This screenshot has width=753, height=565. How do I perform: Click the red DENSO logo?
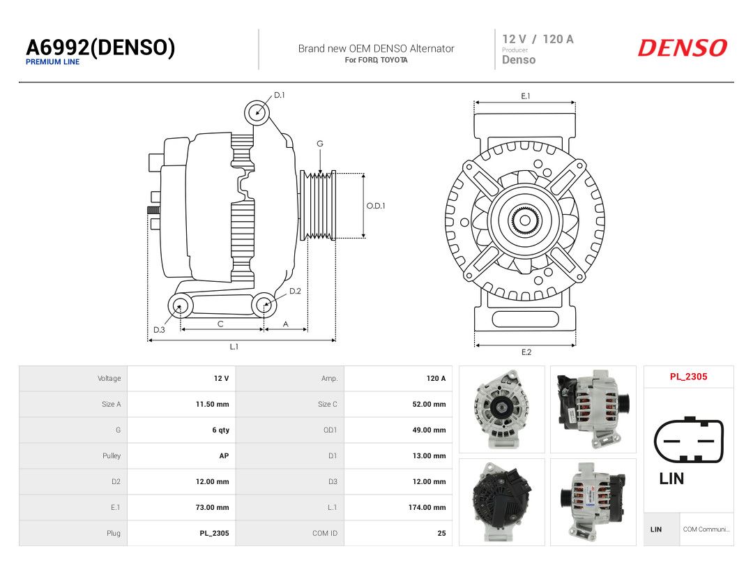(683, 47)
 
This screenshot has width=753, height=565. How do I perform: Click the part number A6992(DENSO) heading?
(100, 47)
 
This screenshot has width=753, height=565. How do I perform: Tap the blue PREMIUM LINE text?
(53, 62)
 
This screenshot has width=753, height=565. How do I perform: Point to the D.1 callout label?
(280, 95)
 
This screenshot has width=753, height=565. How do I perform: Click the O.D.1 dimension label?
(376, 206)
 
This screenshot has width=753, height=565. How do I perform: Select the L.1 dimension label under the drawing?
(234, 347)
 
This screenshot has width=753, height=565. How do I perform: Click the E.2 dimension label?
(526, 352)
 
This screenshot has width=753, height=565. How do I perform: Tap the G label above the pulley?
(320, 144)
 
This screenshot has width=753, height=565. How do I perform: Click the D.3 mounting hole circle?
(180, 306)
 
